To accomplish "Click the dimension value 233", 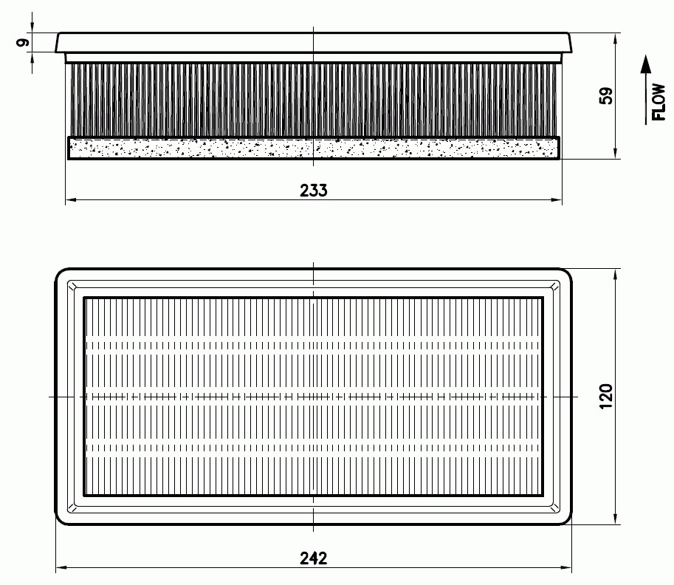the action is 313,190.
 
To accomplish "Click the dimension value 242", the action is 313,558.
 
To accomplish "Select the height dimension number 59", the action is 605,95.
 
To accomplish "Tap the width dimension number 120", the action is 605,396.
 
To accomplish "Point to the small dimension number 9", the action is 23,42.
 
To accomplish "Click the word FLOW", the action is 659,102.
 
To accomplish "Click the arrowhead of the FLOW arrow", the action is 646,64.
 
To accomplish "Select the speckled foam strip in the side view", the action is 314,148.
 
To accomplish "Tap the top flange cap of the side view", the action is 314,43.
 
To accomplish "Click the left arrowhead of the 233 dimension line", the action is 71,199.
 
